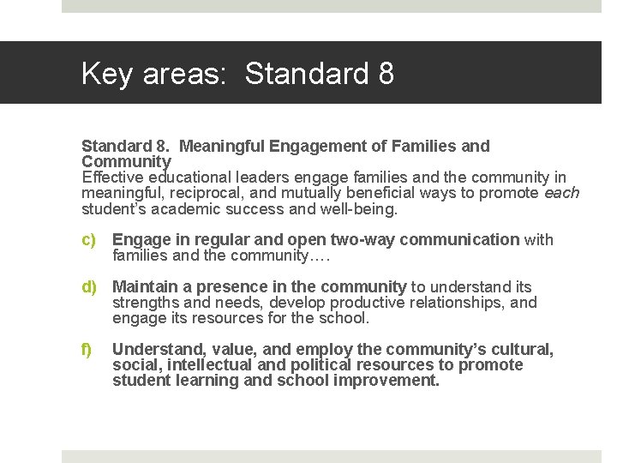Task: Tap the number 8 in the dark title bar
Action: pyautogui.click(x=386, y=74)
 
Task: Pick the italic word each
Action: pyautogui.click(x=561, y=193)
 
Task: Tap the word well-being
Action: pyautogui.click(x=359, y=208)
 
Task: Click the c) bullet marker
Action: pyautogui.click(x=88, y=240)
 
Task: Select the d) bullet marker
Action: pyautogui.click(x=88, y=287)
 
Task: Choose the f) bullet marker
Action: pyautogui.click(x=87, y=350)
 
